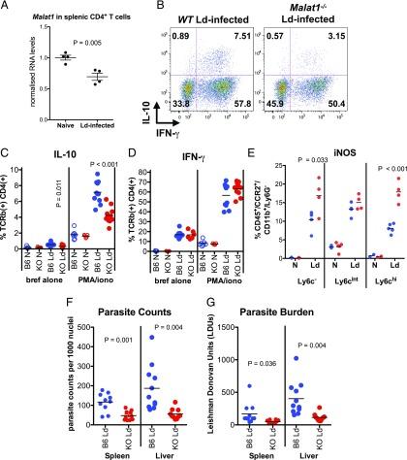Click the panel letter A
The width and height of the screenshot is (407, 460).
[7, 8]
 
